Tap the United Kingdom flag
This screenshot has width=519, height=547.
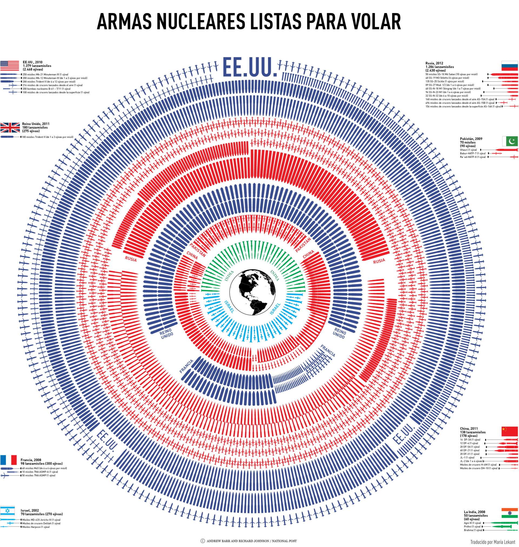point(10,128)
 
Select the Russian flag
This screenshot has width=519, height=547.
point(510,66)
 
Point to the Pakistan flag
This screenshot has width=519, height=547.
point(510,141)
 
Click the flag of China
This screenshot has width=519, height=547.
point(510,431)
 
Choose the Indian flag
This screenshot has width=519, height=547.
point(510,513)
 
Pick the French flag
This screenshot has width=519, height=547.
point(9,460)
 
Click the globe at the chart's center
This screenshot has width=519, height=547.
point(252,292)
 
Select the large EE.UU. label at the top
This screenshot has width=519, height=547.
point(250,67)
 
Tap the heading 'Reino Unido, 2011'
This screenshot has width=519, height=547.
point(36,124)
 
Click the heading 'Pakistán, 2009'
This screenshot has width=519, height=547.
point(471,139)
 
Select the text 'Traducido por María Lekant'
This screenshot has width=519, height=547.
point(493,542)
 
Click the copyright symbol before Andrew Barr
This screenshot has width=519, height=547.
point(202,541)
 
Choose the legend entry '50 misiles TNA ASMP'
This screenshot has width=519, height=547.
point(38,476)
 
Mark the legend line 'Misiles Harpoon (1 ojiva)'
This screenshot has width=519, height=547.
point(36,527)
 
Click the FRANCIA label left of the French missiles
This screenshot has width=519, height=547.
point(187,366)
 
